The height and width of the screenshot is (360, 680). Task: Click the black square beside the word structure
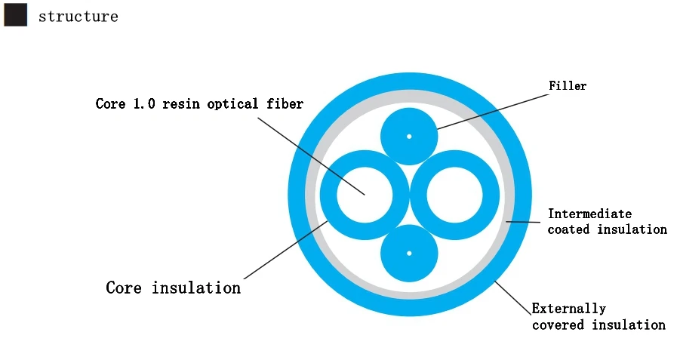click(15, 15)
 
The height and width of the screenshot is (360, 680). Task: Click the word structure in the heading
click(78, 17)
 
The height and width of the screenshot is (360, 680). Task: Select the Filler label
click(568, 85)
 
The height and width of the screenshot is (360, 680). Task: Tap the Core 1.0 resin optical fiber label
click(199, 103)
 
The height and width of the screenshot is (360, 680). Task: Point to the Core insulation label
click(173, 288)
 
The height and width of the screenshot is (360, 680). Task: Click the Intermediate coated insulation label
click(607, 221)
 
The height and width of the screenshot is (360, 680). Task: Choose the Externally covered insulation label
click(598, 317)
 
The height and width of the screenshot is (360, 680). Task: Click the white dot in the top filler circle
click(409, 137)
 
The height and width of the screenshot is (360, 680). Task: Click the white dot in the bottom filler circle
click(409, 253)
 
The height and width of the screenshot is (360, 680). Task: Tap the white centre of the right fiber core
click(454, 195)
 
